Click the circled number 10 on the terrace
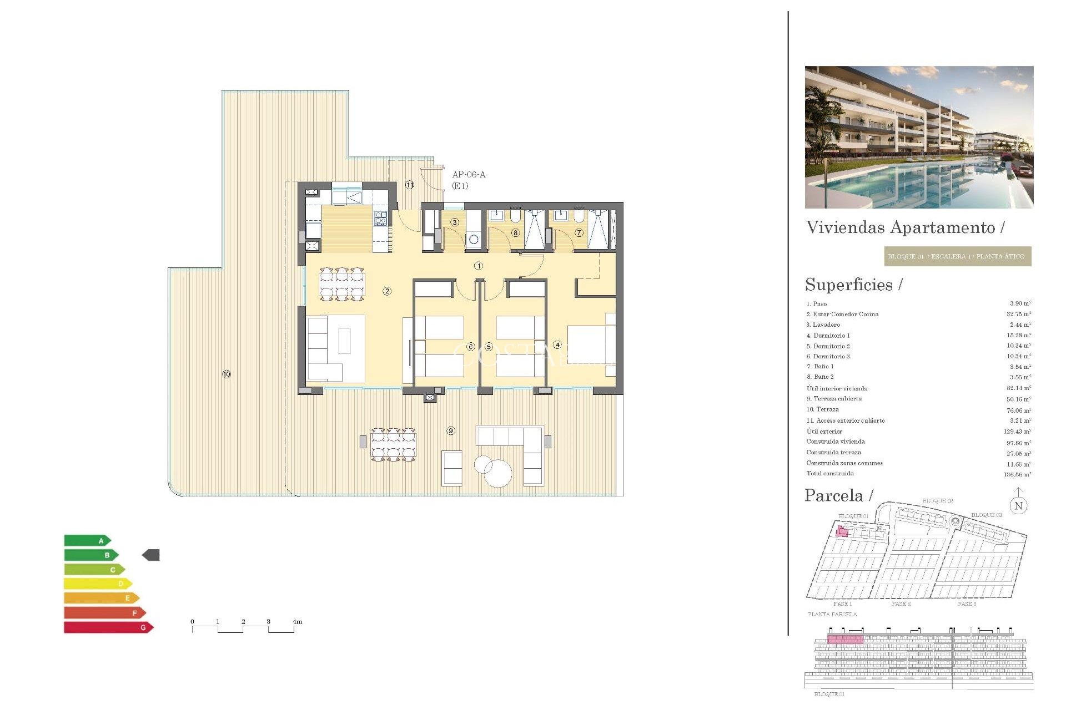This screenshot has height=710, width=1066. pos(227,374)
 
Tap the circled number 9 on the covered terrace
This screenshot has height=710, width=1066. pos(451,431)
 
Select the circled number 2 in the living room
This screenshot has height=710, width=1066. pos(387,291)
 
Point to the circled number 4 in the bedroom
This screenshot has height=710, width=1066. pos(557,345)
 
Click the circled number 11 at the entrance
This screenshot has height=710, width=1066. pos(410,185)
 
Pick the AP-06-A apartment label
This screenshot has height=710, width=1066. pos(469,175)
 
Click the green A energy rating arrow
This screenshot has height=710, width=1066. pos(87,540)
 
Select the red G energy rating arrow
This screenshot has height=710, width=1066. pos(108,627)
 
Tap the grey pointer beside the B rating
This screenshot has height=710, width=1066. pos(151,555)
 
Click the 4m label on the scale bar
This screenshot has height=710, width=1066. pos(298,622)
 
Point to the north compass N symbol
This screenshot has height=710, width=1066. pos(1018,505)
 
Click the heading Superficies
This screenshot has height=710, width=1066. pos(849,285)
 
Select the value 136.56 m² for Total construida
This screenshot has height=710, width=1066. pos(1017,475)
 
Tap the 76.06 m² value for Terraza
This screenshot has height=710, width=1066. pos(1019,410)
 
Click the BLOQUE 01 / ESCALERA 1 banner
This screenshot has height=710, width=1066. pos(957,256)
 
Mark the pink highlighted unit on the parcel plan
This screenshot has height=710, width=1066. pos(842,532)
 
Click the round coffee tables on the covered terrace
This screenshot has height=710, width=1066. pos(494,470)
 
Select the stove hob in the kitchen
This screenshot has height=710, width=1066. pos(380,219)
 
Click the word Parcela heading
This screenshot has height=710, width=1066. pos(834,495)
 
